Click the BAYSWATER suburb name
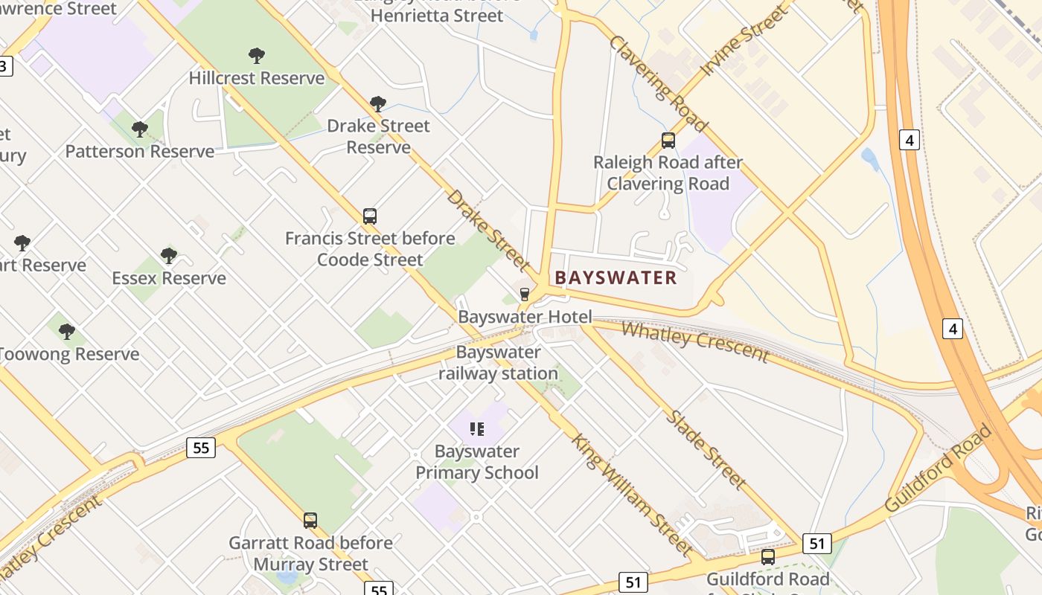(616, 278)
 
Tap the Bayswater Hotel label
(525, 317)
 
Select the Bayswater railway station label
(498, 363)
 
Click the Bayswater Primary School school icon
(477, 428)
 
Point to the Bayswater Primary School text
(477, 462)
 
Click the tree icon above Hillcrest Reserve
(257, 55)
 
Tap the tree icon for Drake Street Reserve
(378, 103)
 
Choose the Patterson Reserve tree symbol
(139, 129)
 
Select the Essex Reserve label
(169, 278)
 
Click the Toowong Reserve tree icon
(67, 331)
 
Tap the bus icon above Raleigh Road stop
(668, 140)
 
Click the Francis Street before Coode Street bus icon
(370, 216)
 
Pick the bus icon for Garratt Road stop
(310, 521)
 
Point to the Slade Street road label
(706, 449)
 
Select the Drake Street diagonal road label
(489, 231)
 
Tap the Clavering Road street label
(659, 83)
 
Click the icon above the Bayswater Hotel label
(525, 295)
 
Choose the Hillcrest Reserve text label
(257, 78)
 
